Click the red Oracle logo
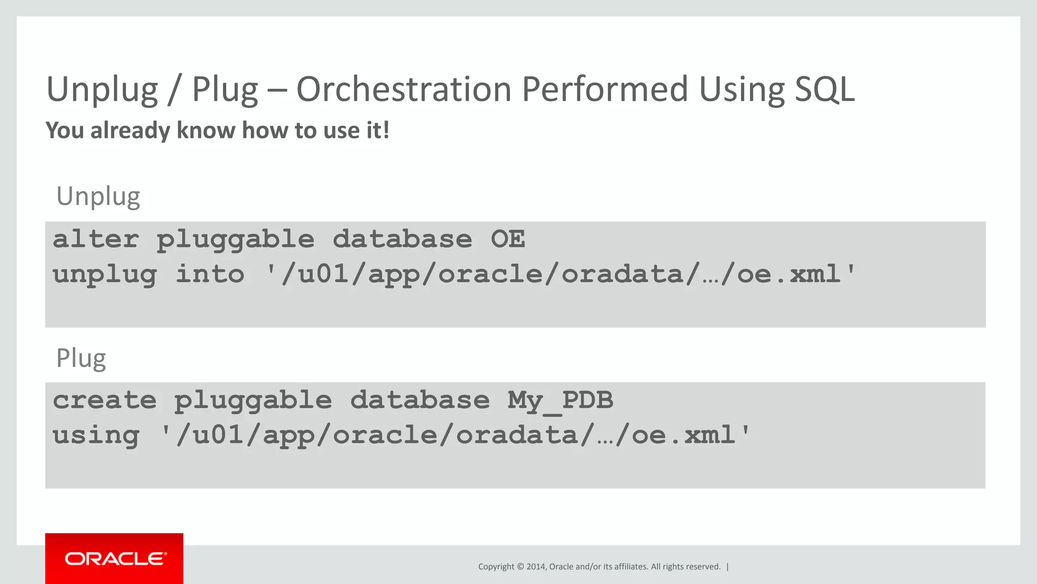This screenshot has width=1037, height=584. coord(114,559)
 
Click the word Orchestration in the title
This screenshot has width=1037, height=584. coord(404,89)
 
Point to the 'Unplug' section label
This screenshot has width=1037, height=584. coord(98,196)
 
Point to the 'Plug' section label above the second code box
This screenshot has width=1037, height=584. coord(81,358)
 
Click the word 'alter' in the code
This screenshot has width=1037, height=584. coord(96,239)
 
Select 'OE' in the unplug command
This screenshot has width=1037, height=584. coord(508,239)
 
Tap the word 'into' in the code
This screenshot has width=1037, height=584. coord(210,274)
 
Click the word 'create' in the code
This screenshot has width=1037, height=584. coord(104,400)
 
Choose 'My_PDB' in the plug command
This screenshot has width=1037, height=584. coord(561,400)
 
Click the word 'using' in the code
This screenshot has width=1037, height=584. coord(96,435)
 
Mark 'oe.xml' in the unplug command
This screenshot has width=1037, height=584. coord(788,274)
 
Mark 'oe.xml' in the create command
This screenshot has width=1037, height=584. coord(683,435)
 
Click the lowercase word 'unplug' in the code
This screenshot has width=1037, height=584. coord(104,274)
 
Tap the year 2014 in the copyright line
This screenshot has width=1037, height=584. coord(536,567)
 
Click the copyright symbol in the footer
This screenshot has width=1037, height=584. coord(520,567)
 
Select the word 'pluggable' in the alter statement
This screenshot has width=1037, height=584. coord(235,239)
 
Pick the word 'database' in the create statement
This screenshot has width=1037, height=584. coord(420,400)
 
